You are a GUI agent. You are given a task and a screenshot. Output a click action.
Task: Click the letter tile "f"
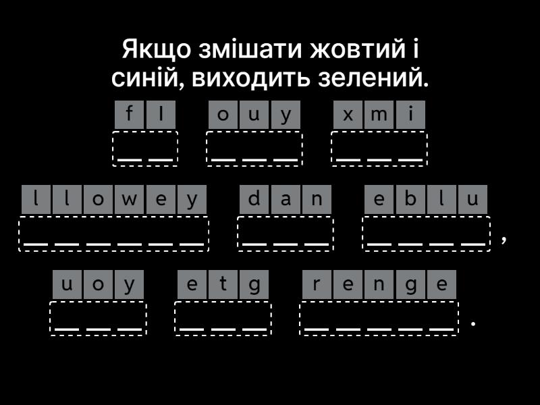(x=129, y=115)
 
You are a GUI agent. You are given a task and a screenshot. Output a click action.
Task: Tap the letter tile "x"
(x=348, y=115)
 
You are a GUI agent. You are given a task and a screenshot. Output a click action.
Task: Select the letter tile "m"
(x=379, y=115)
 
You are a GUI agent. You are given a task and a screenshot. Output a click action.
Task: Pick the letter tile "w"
(x=130, y=199)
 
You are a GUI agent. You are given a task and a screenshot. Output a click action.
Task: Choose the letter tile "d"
(x=254, y=199)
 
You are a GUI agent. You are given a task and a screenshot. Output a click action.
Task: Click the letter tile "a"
(x=286, y=199)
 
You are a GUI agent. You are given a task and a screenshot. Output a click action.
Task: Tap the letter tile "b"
(x=410, y=199)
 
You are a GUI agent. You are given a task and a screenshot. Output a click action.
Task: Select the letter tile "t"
(x=223, y=284)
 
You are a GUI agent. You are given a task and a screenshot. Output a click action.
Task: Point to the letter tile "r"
(x=317, y=284)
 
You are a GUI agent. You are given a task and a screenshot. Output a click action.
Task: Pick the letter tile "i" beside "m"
(x=410, y=115)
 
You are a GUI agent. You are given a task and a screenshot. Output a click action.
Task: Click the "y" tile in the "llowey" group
(x=192, y=199)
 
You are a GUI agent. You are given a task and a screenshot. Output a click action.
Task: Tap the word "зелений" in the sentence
(x=373, y=78)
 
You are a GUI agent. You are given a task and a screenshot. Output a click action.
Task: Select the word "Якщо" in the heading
(x=157, y=49)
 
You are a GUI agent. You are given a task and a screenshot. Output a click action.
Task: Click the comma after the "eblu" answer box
(x=504, y=238)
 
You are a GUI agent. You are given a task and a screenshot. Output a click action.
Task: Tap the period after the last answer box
(x=473, y=323)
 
